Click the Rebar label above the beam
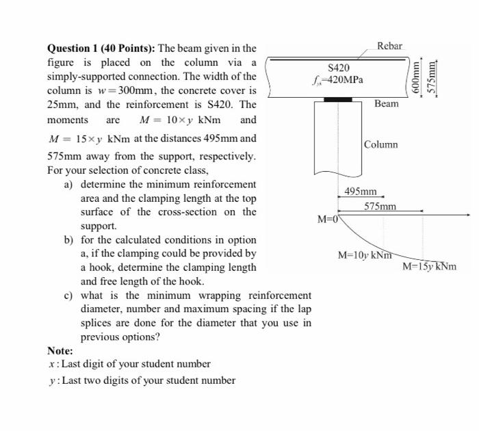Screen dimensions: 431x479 389,46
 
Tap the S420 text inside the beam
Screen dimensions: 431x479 339,68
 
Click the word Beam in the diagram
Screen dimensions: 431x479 386,103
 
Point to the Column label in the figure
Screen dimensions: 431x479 380,144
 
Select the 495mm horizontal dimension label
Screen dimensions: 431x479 361,192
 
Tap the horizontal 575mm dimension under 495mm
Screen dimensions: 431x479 380,206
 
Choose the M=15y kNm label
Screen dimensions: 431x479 429,267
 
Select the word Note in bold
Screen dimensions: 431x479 60,350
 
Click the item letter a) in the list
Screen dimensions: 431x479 68,185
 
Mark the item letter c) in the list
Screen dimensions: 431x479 68,296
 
